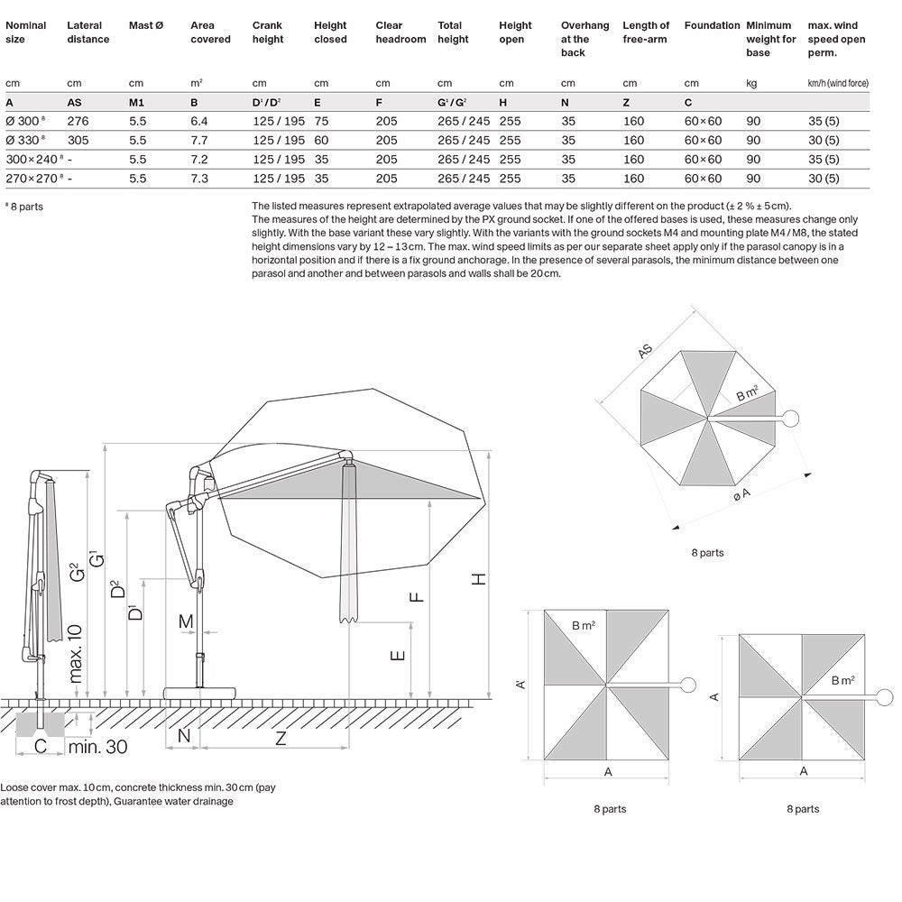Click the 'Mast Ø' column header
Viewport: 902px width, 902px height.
[x=146, y=26]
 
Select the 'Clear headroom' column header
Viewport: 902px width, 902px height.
[x=400, y=32]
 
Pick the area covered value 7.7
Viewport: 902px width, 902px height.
[x=199, y=140]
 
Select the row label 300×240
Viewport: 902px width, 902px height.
[x=32, y=159]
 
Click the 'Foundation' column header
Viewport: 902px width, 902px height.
[x=712, y=26]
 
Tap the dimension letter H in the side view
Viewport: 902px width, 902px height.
[x=479, y=578]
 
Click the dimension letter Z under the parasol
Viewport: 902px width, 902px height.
[x=281, y=737]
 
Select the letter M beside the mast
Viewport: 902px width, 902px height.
[x=187, y=621]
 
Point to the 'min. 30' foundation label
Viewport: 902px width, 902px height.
[x=97, y=746]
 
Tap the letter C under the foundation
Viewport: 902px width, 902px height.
[x=41, y=746]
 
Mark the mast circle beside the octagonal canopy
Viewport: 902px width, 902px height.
[x=790, y=418]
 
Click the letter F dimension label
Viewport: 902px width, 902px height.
[x=417, y=596]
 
